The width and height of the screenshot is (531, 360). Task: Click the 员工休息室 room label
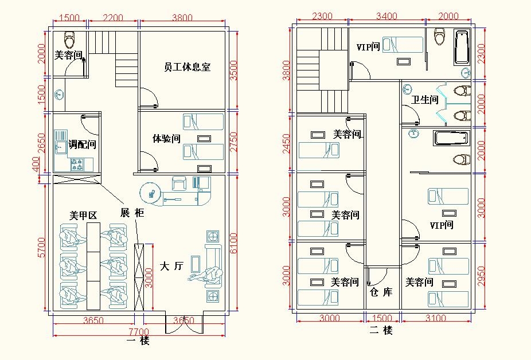[x=188, y=66]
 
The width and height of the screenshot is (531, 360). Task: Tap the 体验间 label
[x=166, y=138]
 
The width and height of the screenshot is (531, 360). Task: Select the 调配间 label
[x=83, y=144]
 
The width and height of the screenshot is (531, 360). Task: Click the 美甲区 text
[x=83, y=215]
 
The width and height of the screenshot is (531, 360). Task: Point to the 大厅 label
[x=171, y=266]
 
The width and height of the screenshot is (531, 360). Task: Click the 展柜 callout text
[x=132, y=213]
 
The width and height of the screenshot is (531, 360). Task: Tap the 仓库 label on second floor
[x=381, y=292]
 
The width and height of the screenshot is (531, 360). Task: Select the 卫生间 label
[x=425, y=100]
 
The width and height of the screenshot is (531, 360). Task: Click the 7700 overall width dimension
[x=139, y=331]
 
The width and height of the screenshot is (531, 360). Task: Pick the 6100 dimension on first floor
[x=233, y=243]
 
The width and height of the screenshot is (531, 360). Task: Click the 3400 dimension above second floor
[x=386, y=16]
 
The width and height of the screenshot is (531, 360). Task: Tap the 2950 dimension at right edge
[x=481, y=276]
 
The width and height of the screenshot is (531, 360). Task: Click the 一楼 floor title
[x=138, y=341]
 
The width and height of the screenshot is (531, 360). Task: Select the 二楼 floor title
[x=381, y=330]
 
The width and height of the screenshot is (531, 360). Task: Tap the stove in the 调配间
[x=77, y=165]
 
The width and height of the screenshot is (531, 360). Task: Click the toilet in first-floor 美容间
[x=69, y=40]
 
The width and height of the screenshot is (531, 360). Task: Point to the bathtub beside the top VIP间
[x=462, y=48]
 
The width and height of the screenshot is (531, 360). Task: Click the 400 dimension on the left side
[x=36, y=165]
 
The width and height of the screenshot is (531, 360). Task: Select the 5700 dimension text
[x=41, y=248]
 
